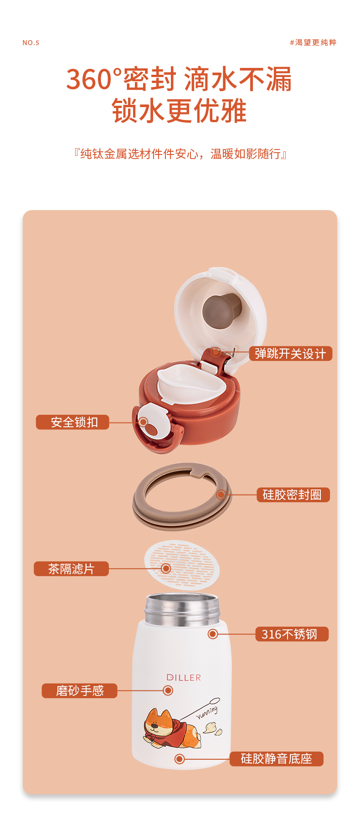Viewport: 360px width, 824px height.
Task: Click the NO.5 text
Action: coord(31,43)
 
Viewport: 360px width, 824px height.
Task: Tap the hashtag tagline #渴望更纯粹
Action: coord(313,42)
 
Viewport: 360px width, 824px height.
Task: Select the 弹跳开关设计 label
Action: coord(290,354)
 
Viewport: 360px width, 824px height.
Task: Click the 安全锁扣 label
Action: coord(73,422)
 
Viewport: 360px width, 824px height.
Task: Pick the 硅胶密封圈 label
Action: coord(293,495)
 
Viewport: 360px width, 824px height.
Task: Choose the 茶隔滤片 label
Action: coord(71,569)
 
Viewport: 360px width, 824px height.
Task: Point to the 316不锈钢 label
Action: coord(292,634)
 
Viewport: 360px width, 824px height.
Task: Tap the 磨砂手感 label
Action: coord(79,691)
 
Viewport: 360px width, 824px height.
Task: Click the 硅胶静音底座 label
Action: coord(276,759)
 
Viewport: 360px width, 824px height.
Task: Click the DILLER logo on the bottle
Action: coord(184,678)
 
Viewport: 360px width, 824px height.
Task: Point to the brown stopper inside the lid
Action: coord(222,311)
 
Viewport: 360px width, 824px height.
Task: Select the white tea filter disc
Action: coord(182,565)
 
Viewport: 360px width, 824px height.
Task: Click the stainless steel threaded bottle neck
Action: coord(182,609)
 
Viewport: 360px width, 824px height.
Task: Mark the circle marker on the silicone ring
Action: coord(221,494)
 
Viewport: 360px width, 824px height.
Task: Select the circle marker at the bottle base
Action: coord(180,759)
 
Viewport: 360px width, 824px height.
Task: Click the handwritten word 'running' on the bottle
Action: coord(207,713)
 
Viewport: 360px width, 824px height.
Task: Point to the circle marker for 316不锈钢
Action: coord(213,634)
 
